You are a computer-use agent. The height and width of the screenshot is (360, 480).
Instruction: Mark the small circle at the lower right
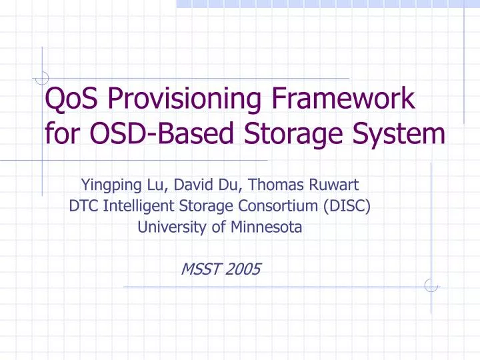(x=431, y=285)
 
